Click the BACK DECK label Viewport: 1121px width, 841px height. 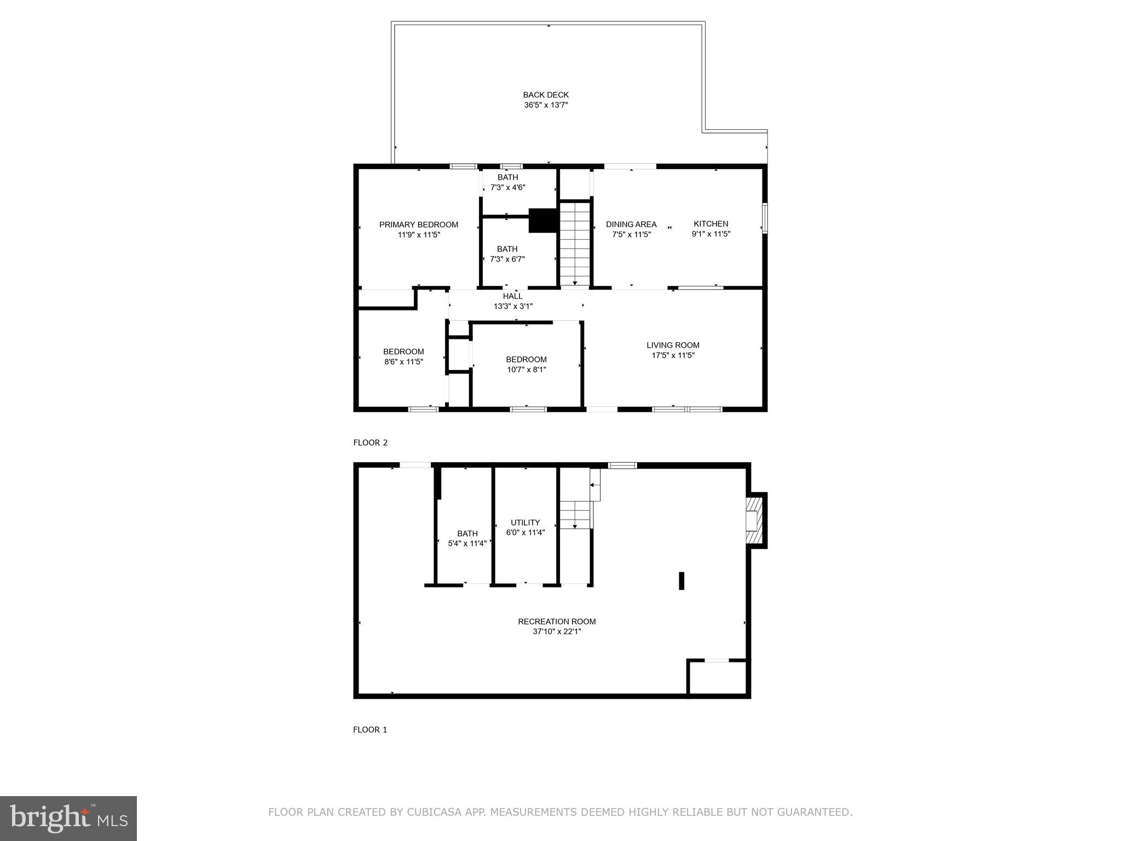point(546,95)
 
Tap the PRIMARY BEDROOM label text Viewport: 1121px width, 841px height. point(419,224)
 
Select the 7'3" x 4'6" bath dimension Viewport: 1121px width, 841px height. point(508,187)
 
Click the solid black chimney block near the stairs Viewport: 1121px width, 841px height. point(542,220)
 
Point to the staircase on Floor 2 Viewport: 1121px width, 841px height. point(575,244)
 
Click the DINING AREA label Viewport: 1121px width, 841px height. point(631,224)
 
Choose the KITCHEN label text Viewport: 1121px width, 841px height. point(711,224)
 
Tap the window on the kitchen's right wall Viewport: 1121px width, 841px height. point(765,218)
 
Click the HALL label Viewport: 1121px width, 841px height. point(513,296)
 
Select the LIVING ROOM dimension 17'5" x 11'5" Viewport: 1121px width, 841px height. point(673,355)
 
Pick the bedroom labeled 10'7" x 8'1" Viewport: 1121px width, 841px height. point(527,364)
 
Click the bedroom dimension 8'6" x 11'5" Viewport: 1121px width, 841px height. point(404,361)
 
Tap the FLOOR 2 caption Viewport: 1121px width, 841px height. point(371,442)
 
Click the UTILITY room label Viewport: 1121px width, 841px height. point(525,522)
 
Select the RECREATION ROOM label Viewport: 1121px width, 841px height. point(557,621)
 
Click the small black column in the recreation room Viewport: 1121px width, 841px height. point(681,581)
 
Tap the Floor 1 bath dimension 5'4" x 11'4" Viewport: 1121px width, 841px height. point(467,544)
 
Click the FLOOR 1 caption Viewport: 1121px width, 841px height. point(370,729)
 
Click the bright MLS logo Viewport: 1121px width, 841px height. point(68,819)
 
